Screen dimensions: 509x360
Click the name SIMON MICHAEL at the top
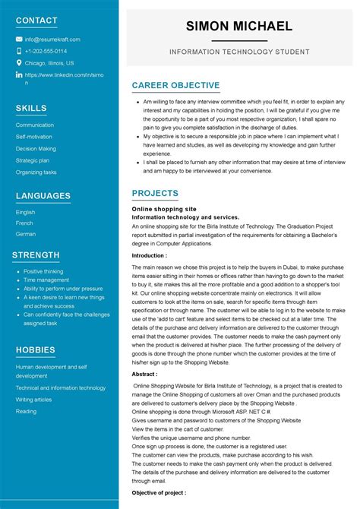[x=239, y=27]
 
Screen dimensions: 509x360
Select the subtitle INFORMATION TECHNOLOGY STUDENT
[x=239, y=52]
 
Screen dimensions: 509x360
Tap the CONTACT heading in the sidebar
[x=36, y=21]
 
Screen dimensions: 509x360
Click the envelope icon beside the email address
[x=19, y=40]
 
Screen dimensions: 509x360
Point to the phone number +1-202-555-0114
[x=46, y=51]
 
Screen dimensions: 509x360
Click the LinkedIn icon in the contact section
[x=19, y=75]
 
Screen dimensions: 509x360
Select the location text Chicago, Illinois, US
[x=49, y=63]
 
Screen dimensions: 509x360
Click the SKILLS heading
[x=31, y=109]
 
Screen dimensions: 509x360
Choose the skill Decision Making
[x=36, y=149]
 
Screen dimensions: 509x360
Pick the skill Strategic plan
[x=33, y=160]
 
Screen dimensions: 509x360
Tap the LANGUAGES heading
[x=43, y=196]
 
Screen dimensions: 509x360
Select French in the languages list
[x=25, y=223]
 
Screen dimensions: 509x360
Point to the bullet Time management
[x=46, y=280]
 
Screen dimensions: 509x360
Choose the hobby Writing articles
[x=33, y=400]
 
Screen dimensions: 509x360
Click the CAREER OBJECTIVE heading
[x=175, y=86]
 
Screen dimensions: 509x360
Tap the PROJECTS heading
[x=155, y=194]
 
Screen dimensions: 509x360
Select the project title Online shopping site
[x=164, y=208]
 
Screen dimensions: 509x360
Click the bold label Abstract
[x=144, y=374]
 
